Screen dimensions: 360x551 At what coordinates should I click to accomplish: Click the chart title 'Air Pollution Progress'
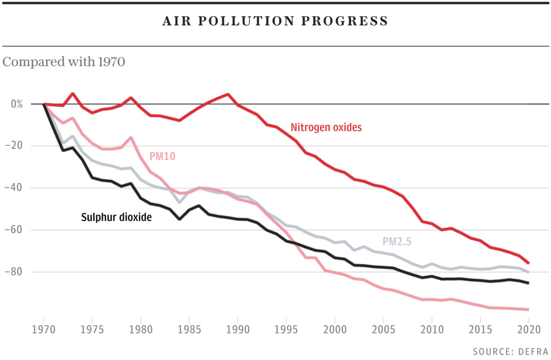[275, 22]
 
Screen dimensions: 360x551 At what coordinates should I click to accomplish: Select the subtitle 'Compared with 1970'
[64, 62]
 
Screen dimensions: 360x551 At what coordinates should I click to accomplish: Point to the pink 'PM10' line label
[163, 156]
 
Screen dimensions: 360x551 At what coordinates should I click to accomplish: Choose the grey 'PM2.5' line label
[397, 242]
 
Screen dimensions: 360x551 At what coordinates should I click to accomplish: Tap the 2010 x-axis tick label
[432, 327]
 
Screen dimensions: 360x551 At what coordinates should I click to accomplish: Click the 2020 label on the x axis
[528, 327]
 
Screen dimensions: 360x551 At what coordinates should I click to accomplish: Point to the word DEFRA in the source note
[529, 351]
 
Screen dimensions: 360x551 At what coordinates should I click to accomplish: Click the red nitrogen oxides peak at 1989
[228, 95]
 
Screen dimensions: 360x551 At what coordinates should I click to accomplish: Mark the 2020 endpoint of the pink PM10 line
[528, 309]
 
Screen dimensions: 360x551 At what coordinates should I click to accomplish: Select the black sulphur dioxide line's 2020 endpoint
[528, 283]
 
